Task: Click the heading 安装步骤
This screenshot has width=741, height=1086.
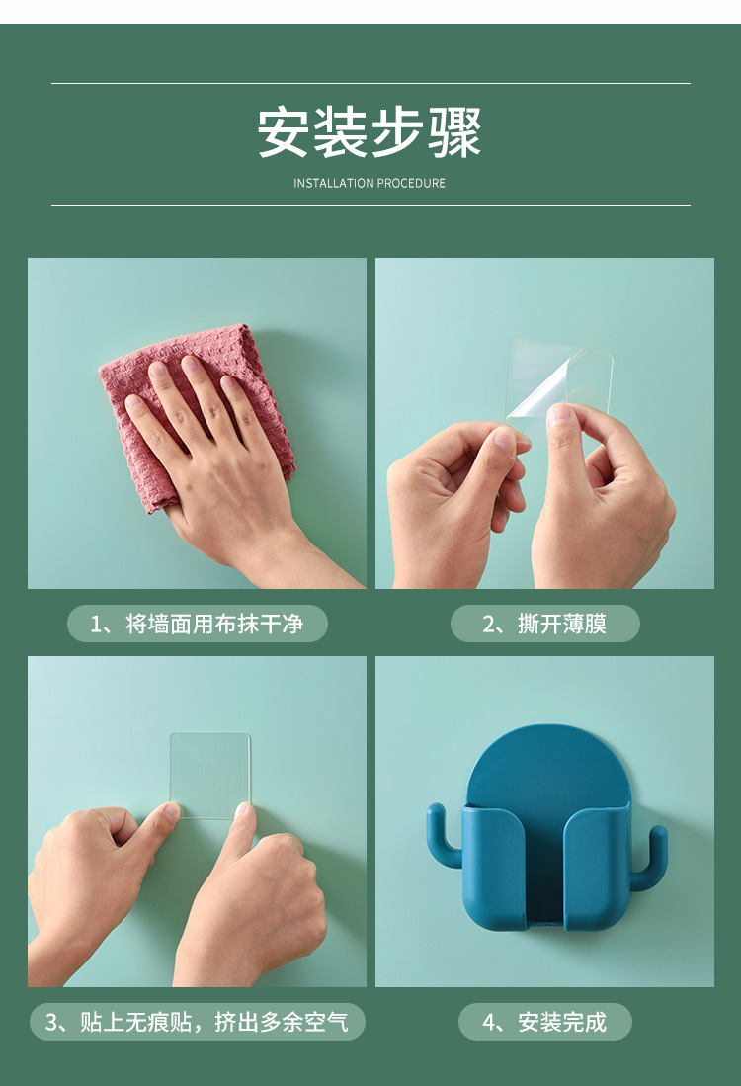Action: tap(370, 133)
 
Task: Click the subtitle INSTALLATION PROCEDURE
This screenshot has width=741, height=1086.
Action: tap(370, 183)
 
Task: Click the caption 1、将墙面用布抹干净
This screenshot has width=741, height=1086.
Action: tap(197, 624)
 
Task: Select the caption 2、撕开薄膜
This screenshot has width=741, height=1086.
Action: tap(544, 624)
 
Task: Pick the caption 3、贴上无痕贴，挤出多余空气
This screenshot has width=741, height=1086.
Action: tap(197, 1022)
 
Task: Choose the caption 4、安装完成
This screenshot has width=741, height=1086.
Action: tap(544, 1022)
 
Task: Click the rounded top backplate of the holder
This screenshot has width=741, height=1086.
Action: tap(546, 761)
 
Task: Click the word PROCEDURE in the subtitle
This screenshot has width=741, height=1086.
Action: tap(411, 183)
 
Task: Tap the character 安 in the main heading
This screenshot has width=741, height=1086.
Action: tap(284, 133)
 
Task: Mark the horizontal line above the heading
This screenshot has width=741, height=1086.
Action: tap(370, 84)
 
